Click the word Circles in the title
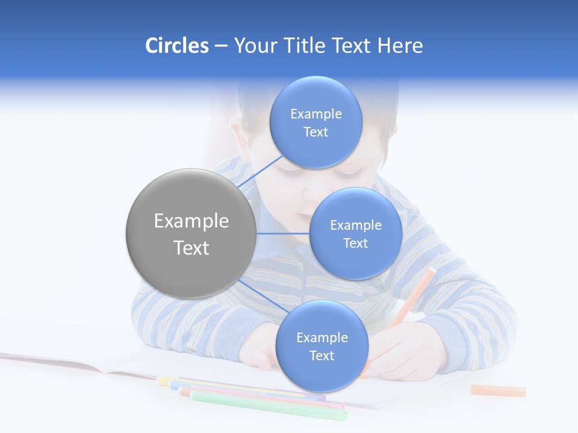pos(177,46)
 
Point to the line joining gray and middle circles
pos(282,233)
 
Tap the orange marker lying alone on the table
pos(498,391)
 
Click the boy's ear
pos(237,129)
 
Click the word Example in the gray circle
pos(191,221)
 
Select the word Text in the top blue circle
pos(315,132)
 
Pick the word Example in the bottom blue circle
pos(322,338)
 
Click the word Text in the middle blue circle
pos(355,244)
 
